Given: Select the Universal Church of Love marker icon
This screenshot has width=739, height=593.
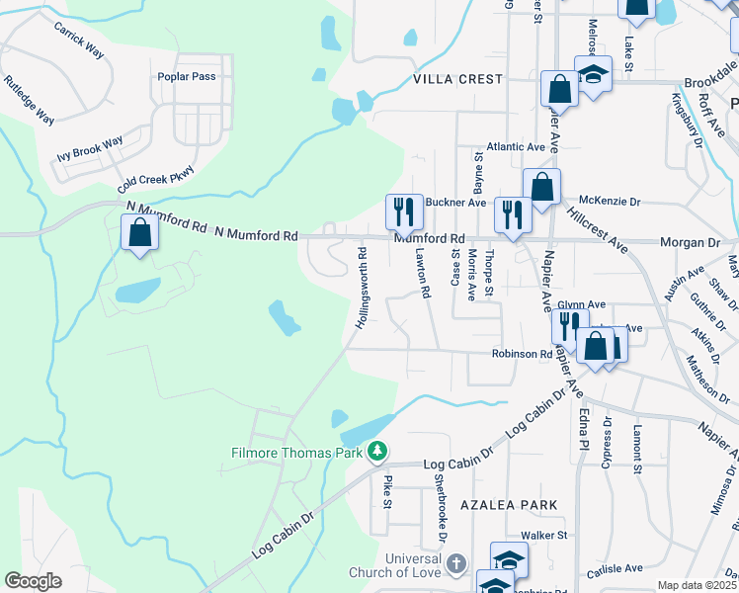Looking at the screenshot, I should pos(454,564).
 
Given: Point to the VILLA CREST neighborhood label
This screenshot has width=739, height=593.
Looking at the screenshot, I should pos(458,79).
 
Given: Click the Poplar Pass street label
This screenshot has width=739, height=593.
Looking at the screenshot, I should pos(186,76).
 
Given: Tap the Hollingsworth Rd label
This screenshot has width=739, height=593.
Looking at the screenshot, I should pos(362,288).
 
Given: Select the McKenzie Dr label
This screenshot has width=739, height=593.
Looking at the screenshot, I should pos(610,202).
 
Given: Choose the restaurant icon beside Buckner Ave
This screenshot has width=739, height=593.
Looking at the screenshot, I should pos(404,210).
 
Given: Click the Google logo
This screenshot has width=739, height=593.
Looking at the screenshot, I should pos(33,581).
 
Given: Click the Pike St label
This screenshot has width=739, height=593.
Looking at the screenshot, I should pos(387,490).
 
